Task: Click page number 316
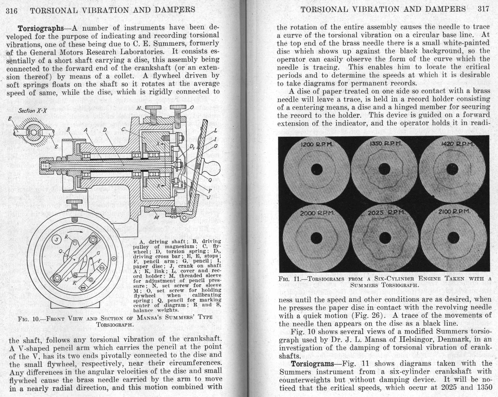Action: pyautogui.click(x=12, y=11)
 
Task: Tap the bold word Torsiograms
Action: pyautogui.click(x=312, y=364)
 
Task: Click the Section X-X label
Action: pyautogui.click(x=32, y=111)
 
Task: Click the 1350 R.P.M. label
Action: pyautogui.click(x=386, y=144)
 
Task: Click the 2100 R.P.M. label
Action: pyautogui.click(x=454, y=212)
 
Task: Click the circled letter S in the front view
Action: pyautogui.click(x=57, y=239)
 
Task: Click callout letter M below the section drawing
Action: pyautogui.click(x=156, y=217)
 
